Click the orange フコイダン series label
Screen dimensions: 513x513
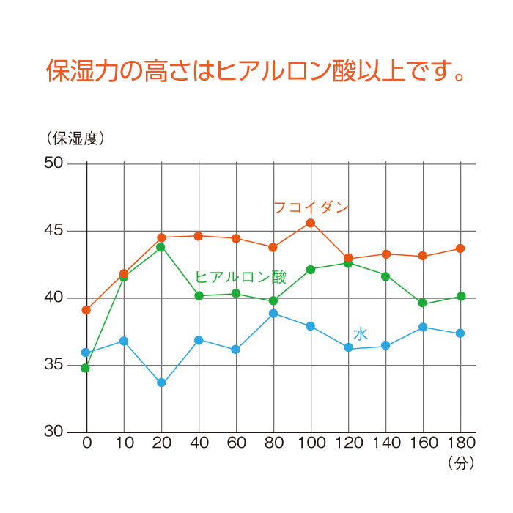(311, 207)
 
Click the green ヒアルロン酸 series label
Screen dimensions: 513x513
(240, 276)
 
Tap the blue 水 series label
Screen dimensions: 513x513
(361, 334)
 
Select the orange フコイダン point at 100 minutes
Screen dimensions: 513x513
(311, 223)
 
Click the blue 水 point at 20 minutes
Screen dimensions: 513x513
(161, 383)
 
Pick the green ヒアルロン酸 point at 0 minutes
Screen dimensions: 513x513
(86, 368)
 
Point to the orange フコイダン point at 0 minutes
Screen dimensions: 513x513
(86, 310)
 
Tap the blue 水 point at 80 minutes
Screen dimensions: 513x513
(273, 314)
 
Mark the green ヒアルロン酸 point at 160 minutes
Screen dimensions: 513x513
(422, 303)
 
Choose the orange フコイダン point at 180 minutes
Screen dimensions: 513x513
(460, 248)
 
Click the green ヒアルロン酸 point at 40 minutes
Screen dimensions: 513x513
(199, 295)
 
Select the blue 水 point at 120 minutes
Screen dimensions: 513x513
(349, 347)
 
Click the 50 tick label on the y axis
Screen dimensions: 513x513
(55, 163)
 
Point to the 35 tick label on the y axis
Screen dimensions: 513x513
(55, 365)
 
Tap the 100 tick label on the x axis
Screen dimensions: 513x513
(311, 443)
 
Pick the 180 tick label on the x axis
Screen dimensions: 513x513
(460, 443)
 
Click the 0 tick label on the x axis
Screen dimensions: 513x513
(86, 443)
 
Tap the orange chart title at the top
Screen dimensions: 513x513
(256, 72)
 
